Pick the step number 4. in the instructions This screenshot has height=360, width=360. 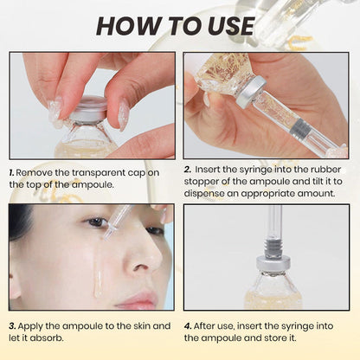[189, 325]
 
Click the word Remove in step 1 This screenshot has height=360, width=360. [40, 172]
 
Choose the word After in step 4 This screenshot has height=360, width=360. [212, 325]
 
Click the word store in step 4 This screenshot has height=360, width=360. [273, 337]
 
